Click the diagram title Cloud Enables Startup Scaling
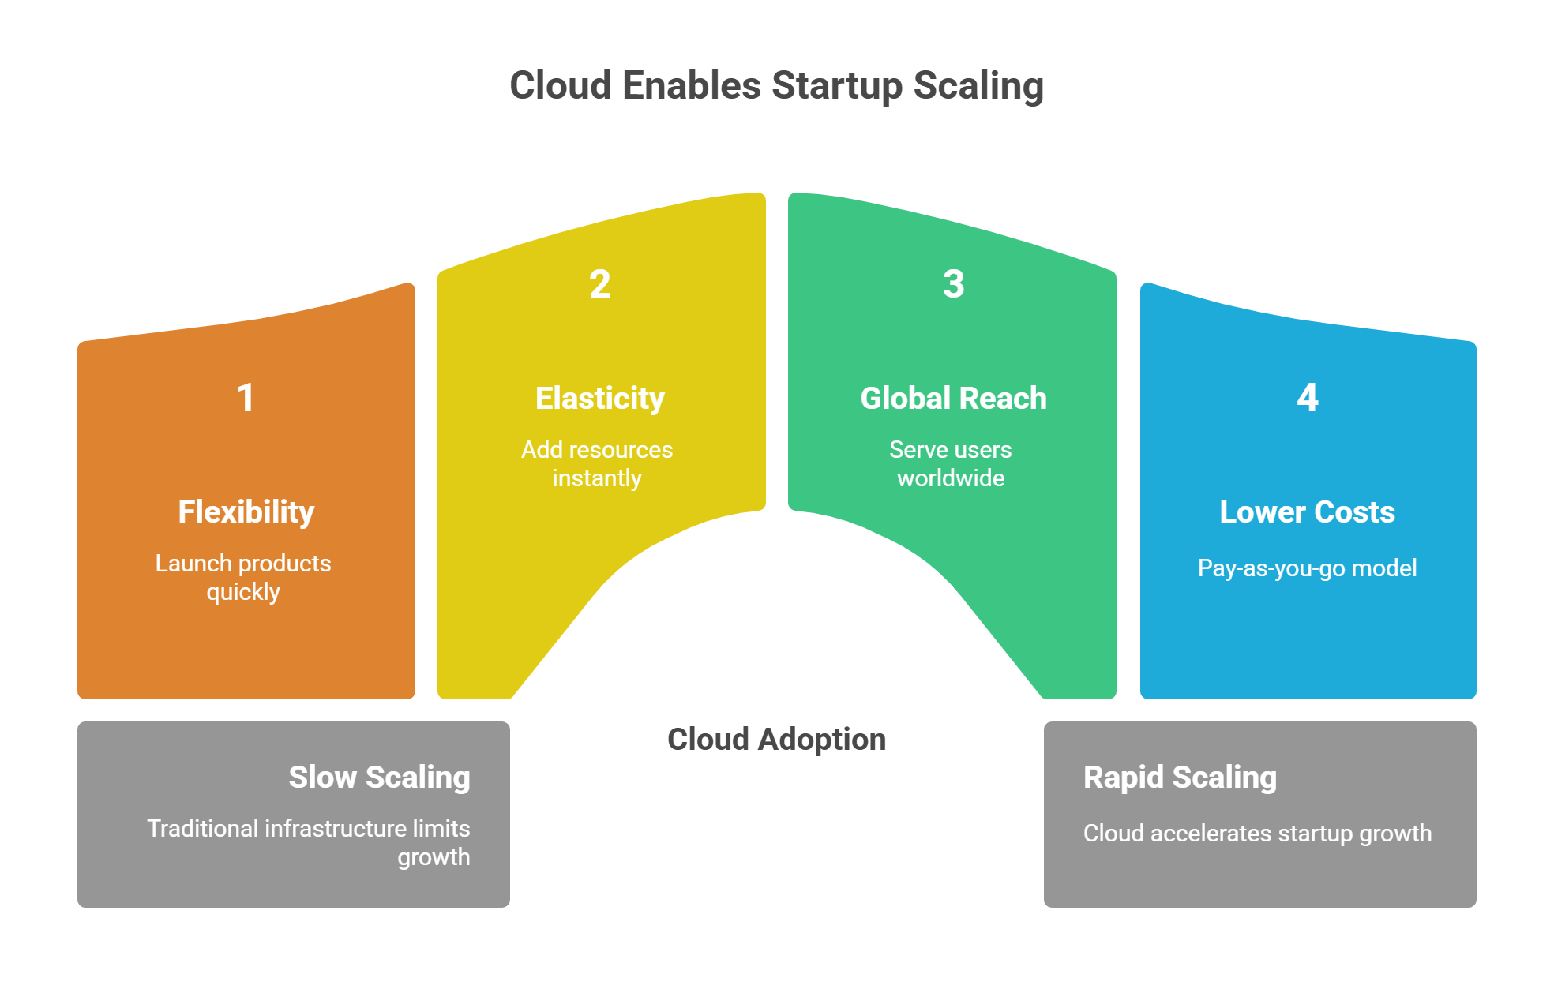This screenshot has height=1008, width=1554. (776, 85)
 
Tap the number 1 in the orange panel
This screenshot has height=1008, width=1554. (246, 397)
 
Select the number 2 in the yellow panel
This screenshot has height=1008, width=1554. (599, 284)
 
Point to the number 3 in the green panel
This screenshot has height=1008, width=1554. (953, 284)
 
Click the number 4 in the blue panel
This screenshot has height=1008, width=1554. (1307, 397)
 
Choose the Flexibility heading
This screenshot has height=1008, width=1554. (246, 512)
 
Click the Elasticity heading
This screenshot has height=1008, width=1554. (599, 399)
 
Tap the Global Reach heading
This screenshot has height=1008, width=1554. (953, 399)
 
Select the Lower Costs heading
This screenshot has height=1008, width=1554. (1307, 512)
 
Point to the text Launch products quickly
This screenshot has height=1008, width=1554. (243, 577)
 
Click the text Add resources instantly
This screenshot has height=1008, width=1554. (597, 463)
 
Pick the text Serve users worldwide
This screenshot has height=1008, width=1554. (951, 463)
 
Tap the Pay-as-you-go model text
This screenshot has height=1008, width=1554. (1307, 568)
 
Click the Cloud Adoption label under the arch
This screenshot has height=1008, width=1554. (776, 740)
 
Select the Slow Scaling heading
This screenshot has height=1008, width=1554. (379, 778)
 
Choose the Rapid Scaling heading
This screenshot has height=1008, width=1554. (1180, 778)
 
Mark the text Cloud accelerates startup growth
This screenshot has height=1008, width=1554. (1257, 834)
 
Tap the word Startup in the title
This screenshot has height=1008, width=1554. (837, 86)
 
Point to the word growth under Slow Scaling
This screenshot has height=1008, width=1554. (434, 858)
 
